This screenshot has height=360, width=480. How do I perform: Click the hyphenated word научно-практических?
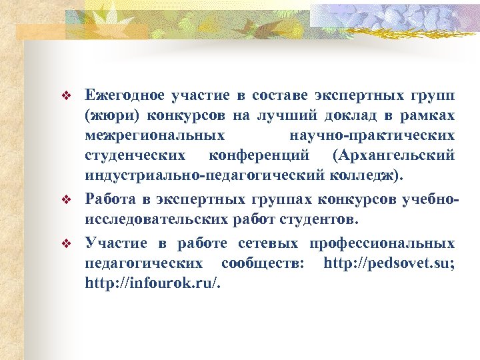(x=373, y=136)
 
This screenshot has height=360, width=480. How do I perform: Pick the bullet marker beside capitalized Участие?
(x=65, y=244)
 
